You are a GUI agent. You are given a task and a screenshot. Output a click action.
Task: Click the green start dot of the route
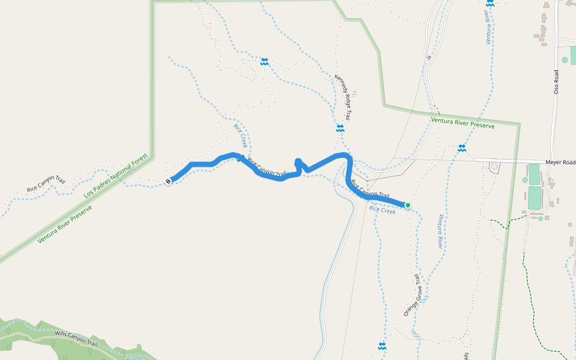click(408, 205)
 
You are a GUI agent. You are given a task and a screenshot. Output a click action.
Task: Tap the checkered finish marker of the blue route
click(169, 181)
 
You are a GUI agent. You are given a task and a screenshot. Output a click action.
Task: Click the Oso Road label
click(556, 81)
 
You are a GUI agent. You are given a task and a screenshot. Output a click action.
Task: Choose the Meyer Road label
click(560, 163)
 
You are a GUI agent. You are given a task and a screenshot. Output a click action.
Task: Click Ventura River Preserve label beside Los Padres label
click(65, 223)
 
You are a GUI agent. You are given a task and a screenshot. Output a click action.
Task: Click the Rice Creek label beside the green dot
click(382, 209)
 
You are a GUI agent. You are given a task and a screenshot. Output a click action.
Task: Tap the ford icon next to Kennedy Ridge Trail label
click(340, 128)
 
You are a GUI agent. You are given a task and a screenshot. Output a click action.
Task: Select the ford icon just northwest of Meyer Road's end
click(461, 148)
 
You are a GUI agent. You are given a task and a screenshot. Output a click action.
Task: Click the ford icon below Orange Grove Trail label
click(382, 346)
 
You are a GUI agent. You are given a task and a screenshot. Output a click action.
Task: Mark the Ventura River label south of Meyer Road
click(440, 231)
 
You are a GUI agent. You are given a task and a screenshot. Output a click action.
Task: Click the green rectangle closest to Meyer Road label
click(534, 175)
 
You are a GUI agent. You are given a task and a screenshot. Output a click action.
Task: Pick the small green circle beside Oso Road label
click(565, 60)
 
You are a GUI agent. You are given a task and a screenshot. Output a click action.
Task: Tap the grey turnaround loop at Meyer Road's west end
click(494, 167)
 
